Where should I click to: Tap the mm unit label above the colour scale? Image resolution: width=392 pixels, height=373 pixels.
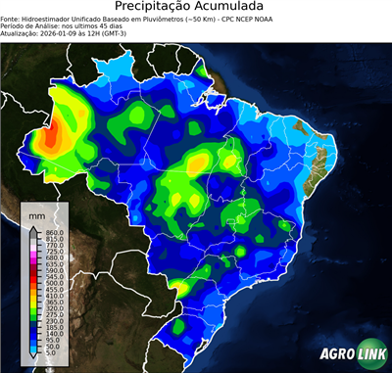(x=38, y=211)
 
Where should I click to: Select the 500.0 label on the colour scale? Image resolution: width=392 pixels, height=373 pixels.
(x=53, y=283)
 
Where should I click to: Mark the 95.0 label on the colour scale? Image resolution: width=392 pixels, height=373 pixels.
(x=54, y=340)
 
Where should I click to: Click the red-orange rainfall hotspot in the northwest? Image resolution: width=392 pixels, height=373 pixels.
(x=51, y=134)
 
